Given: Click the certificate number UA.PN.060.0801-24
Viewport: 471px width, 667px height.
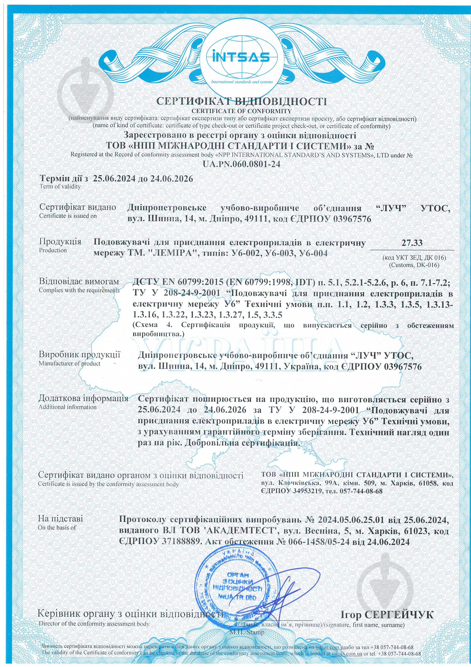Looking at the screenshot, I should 241,164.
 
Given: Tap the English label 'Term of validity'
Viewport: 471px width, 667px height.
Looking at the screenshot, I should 60,187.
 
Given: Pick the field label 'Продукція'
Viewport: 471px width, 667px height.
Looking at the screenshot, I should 60,241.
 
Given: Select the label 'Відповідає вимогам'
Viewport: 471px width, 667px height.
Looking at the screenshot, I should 79,282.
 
